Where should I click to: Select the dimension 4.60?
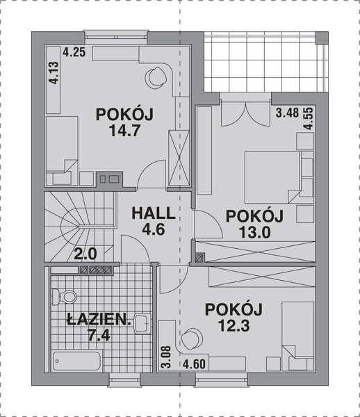(x=195, y=363)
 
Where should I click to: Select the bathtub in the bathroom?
(x=78, y=361)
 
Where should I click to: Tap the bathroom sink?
(x=142, y=322)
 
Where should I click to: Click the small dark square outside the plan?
(x=321, y=38)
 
